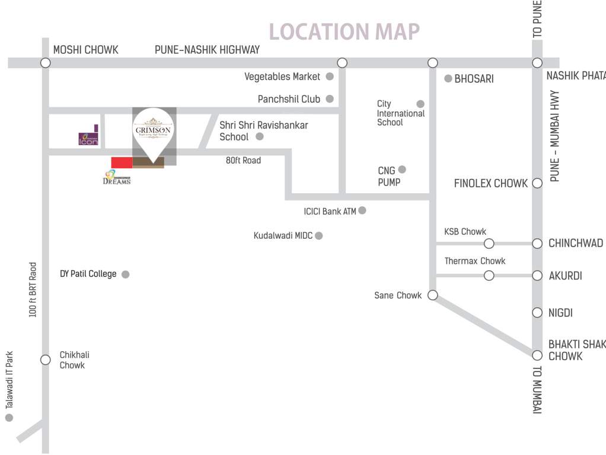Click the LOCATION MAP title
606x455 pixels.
[345, 31]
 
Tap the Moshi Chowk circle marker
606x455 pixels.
[45, 63]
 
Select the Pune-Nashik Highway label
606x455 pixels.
[207, 50]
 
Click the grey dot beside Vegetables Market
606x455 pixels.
[330, 76]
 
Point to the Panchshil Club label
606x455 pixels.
[289, 99]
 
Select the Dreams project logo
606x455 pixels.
[116, 177]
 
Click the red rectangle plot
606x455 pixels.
[122, 162]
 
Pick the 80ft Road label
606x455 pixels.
[243, 160]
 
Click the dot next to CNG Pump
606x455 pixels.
[402, 169]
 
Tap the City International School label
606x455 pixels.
[400, 113]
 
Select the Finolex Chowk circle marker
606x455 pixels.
[537, 183]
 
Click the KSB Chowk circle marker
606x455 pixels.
[489, 243]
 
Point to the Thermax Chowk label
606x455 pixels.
[475, 261]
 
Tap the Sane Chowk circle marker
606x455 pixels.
[432, 295]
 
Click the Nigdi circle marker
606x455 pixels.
[537, 312]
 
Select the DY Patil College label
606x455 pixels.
[88, 274]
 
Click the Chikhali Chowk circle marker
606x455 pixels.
[45, 360]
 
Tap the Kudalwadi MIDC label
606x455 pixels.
[283, 236]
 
